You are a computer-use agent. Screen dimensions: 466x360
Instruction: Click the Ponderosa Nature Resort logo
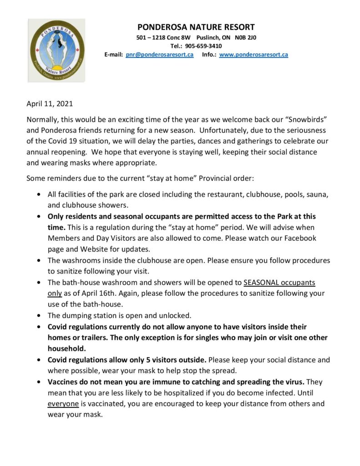point(57,50)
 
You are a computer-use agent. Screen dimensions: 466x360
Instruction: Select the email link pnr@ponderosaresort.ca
point(160,55)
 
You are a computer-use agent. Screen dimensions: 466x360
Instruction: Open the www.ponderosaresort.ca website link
point(254,55)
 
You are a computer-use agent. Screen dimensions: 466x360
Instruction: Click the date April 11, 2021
point(50,104)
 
